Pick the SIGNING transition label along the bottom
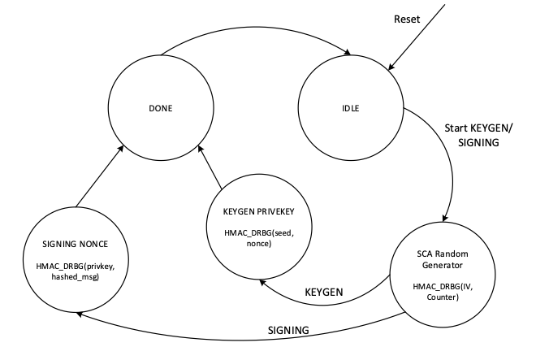290,330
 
